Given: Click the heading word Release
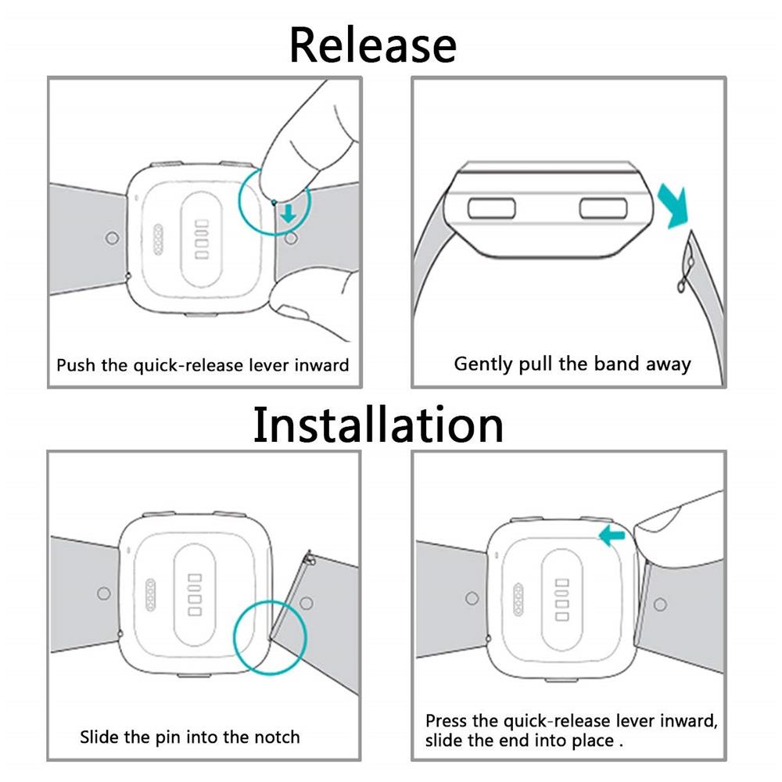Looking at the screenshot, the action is click(x=372, y=45).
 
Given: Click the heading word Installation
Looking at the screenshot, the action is click(x=378, y=425).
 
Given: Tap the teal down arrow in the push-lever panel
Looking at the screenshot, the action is click(x=289, y=213).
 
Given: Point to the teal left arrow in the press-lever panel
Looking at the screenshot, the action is click(x=612, y=536).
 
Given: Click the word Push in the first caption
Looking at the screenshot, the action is click(x=76, y=365).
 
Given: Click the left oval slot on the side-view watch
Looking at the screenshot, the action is click(x=491, y=208).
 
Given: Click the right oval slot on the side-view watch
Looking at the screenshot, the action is click(x=603, y=208).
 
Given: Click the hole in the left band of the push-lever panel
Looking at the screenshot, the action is click(x=112, y=238).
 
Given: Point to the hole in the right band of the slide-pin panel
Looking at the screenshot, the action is click(x=307, y=603).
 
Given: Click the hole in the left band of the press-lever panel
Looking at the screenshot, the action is click(x=472, y=598).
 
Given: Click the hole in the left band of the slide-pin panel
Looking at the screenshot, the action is click(x=104, y=594).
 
